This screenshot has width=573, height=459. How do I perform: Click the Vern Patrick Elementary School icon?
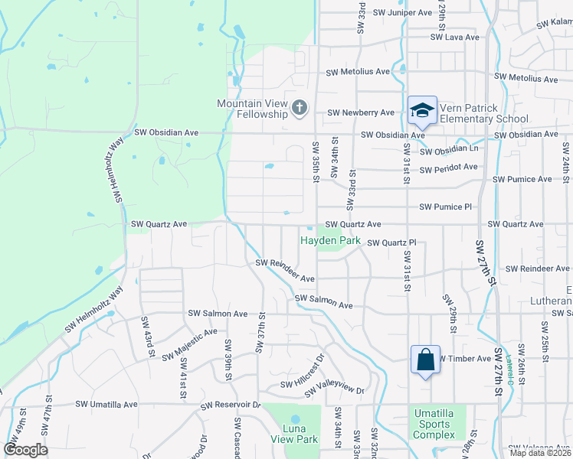click(x=422, y=110)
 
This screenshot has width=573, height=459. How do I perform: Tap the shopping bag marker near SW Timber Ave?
click(x=425, y=360)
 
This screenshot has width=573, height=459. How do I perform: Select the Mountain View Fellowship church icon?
click(x=300, y=109)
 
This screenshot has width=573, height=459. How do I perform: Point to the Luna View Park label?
click(x=294, y=435)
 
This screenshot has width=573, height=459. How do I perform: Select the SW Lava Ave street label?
click(x=454, y=37)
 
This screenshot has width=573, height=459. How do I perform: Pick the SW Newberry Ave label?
click(x=361, y=112)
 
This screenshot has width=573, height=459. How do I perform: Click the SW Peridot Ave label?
click(x=448, y=167)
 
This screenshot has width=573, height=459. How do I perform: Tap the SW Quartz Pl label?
click(x=391, y=243)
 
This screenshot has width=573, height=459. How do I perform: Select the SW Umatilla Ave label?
click(x=106, y=404)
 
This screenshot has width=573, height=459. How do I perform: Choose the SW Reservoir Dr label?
click(x=231, y=405)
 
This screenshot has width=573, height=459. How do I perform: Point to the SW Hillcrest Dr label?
click(x=303, y=370)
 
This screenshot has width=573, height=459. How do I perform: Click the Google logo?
click(x=25, y=450)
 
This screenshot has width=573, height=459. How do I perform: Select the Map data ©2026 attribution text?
click(x=540, y=453)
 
